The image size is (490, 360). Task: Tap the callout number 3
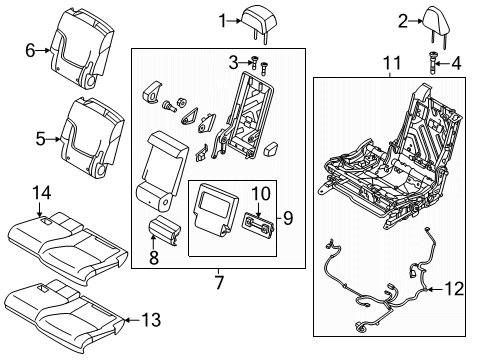(x=233, y=63)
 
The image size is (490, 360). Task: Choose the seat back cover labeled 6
(x=93, y=47)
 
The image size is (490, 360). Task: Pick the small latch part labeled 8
(x=162, y=231)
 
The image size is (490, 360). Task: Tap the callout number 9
(x=289, y=217)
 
